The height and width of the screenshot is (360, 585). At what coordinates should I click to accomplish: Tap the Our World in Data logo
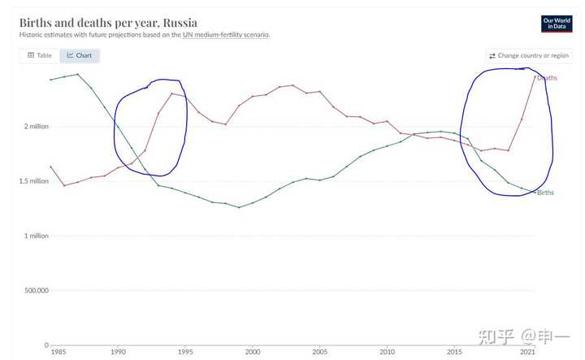click(x=557, y=24)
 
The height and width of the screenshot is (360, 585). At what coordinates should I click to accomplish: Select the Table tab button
click(x=39, y=55)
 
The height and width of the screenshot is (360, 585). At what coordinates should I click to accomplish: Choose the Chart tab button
click(x=79, y=55)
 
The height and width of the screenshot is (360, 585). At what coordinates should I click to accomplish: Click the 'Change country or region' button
click(x=528, y=55)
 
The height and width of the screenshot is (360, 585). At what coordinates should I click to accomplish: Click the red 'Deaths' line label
click(x=547, y=77)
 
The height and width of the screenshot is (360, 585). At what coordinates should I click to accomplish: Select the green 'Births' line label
click(x=545, y=193)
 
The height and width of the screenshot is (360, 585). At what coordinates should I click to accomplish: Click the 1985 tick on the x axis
click(x=58, y=352)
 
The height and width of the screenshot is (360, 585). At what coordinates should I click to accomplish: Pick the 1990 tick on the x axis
click(x=118, y=352)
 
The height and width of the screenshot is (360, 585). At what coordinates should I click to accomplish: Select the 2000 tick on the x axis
click(x=253, y=352)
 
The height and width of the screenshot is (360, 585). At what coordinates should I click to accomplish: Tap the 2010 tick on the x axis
click(x=388, y=352)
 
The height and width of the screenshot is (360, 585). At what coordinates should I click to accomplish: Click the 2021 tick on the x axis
click(x=528, y=352)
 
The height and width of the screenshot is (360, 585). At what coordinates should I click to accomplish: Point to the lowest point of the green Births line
click(x=239, y=207)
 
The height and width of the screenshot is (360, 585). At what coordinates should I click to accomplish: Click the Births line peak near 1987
click(x=77, y=74)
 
